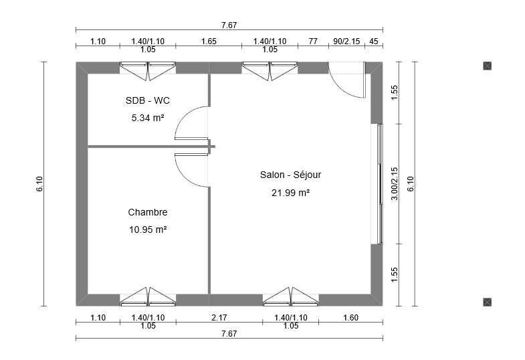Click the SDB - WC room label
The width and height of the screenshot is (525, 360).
coord(148,100)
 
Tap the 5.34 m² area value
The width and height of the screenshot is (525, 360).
coord(148,118)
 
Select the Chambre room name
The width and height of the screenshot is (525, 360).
coord(148,212)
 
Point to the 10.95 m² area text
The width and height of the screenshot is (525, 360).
coord(148,230)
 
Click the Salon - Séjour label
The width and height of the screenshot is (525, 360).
coord(291,175)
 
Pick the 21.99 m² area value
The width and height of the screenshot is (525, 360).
coord(291,193)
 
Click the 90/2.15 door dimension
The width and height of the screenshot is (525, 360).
coord(346,41)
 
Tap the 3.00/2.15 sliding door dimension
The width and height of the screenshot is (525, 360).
coord(395,184)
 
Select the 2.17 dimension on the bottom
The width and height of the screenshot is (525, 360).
coord(219,317)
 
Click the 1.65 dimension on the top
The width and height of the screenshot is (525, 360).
coord(209,41)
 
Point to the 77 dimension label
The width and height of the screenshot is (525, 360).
coord(313,41)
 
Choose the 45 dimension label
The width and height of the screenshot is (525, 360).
coord(374,41)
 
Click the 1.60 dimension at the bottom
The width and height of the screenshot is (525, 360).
coord(351,317)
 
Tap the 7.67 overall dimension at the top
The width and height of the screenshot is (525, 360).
coord(229,25)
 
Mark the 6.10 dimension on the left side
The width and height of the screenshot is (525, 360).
coord(39,184)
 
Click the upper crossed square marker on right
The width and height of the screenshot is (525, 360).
coord(488,66)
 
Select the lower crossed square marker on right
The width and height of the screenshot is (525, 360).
coord(488,302)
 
